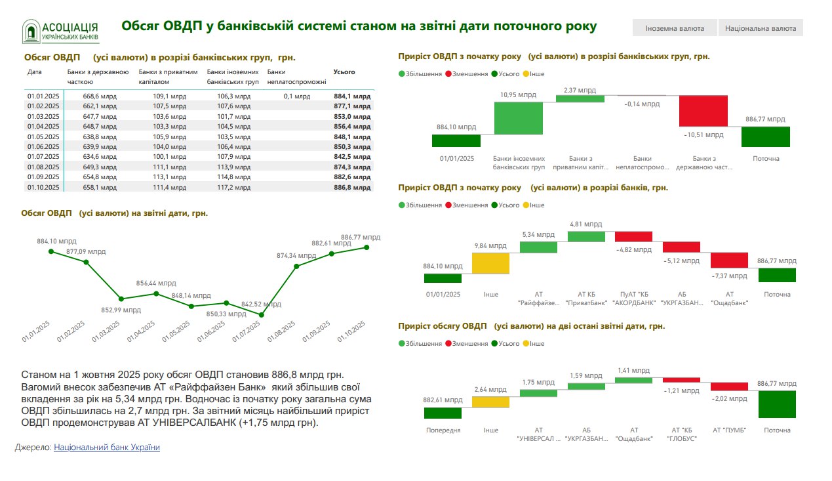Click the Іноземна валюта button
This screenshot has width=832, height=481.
tap(675, 28)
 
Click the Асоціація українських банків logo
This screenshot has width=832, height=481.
tap(61, 31)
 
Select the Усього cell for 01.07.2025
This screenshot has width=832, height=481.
tap(352, 157)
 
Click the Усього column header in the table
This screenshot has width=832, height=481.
tap(344, 72)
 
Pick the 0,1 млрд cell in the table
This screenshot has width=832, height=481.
tap(297, 96)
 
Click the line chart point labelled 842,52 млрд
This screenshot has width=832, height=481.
tap(262, 315)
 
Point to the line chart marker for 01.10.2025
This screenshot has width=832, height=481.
tap(366, 247)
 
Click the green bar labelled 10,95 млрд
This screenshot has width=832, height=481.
tap(519, 118)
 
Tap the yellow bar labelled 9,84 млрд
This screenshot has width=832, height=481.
tap(490, 263)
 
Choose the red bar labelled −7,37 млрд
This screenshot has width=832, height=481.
tap(729, 260)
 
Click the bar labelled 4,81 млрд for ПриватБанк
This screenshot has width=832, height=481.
tap(587, 236)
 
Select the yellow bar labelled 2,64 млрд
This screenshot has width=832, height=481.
tap(490, 402)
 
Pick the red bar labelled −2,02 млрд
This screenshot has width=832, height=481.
tap(729, 387)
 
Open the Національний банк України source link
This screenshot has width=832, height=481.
tap(107, 447)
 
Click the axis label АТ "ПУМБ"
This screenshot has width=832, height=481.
tap(729, 430)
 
